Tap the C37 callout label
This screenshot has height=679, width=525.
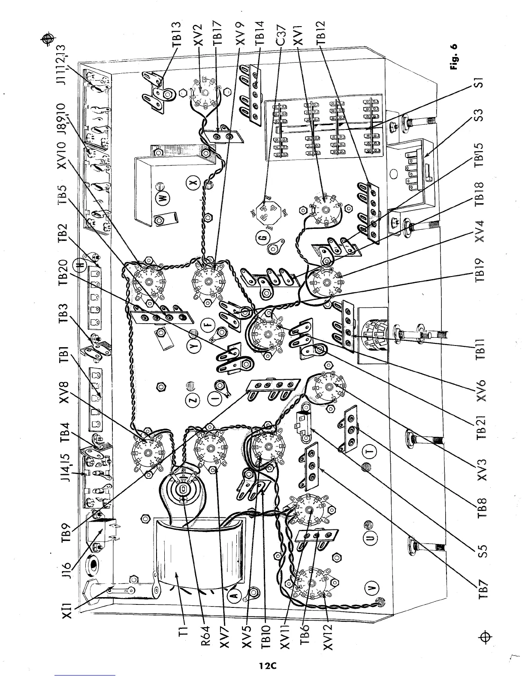coord(281,33)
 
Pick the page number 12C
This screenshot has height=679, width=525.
coord(266,666)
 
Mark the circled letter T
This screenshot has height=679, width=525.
coord(371,452)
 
